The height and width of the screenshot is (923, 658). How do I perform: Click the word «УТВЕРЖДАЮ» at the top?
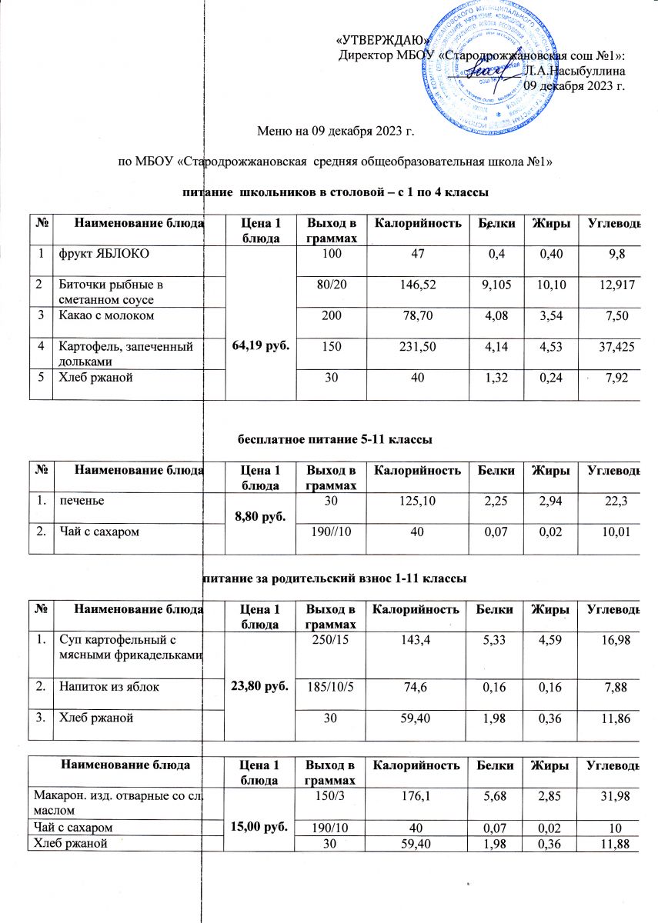pos(382,41)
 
